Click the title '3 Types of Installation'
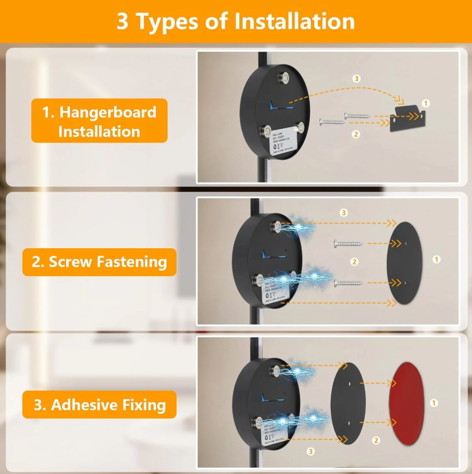[236, 21]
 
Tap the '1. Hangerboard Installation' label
[99, 121]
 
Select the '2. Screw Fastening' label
[99, 262]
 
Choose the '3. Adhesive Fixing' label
[99, 405]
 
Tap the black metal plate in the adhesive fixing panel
[348, 403]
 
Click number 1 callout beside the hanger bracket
[426, 103]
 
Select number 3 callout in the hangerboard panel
[357, 79]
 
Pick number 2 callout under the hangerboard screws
[356, 133]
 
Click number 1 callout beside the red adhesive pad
[434, 403]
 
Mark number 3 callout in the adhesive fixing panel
[311, 451]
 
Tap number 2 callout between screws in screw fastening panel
[354, 262]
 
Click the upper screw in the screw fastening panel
[349, 243]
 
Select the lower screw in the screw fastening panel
[349, 283]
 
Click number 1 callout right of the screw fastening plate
[437, 259]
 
